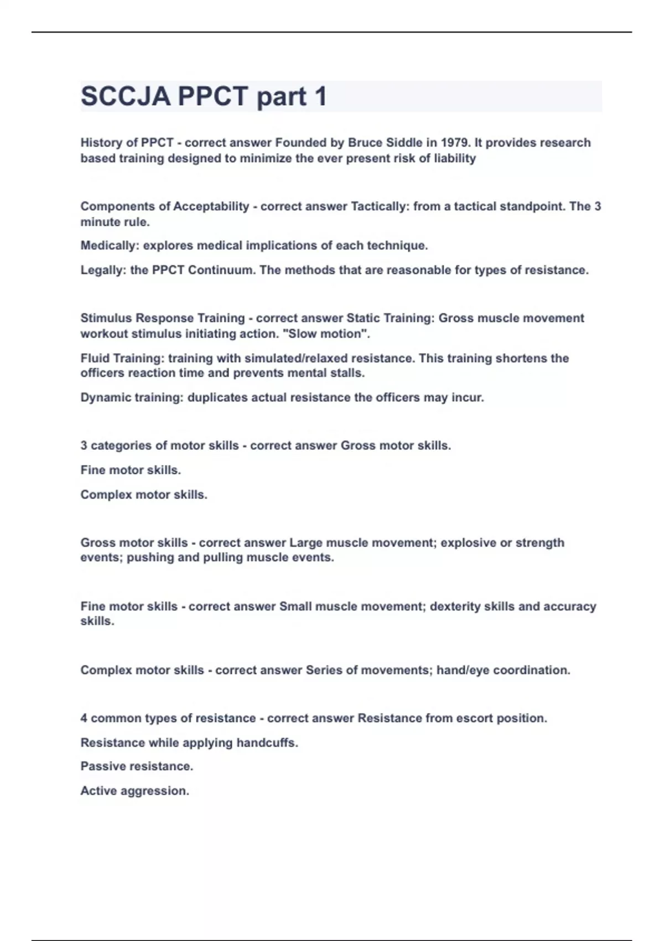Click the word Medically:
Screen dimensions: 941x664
(110, 246)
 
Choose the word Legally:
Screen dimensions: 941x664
(103, 270)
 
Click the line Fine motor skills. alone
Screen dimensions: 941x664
(131, 470)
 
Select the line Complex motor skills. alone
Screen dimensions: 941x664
(144, 494)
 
